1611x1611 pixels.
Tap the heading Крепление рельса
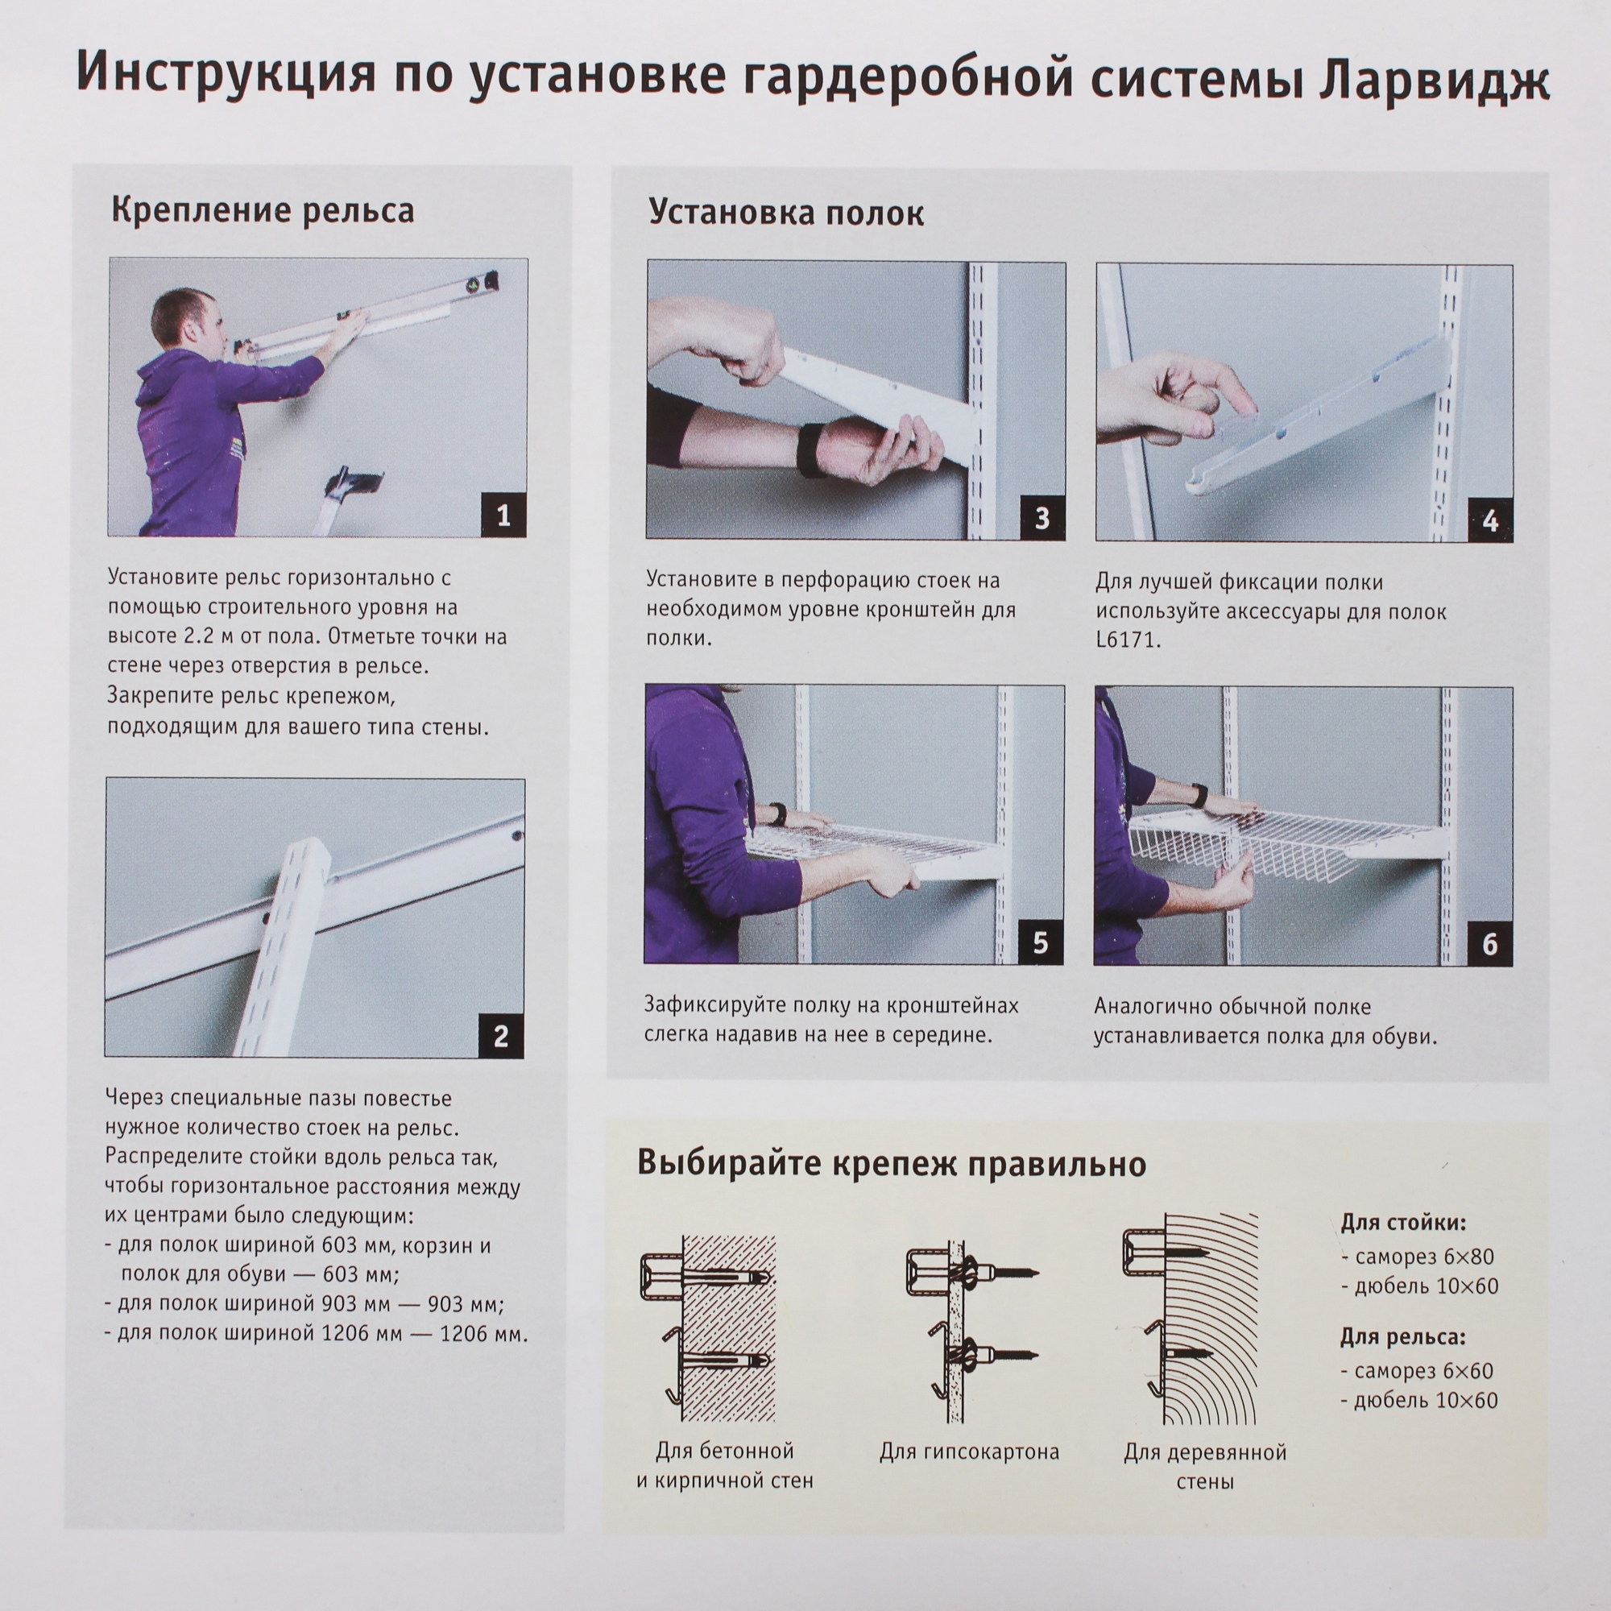click(x=263, y=211)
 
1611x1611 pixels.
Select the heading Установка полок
click(x=785, y=213)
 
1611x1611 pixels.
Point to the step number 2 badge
click(x=500, y=1036)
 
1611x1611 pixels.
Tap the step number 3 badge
click(x=1042, y=518)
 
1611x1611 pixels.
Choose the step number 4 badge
click(x=1490, y=520)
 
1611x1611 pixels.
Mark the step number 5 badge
click(x=1040, y=942)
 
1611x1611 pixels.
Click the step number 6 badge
click(x=1489, y=944)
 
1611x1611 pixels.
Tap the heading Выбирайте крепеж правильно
click(x=892, y=1162)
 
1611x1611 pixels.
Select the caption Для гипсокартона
click(x=969, y=1452)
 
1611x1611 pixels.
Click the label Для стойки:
click(x=1402, y=1224)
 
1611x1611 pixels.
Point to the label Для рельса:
click(x=1402, y=1337)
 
